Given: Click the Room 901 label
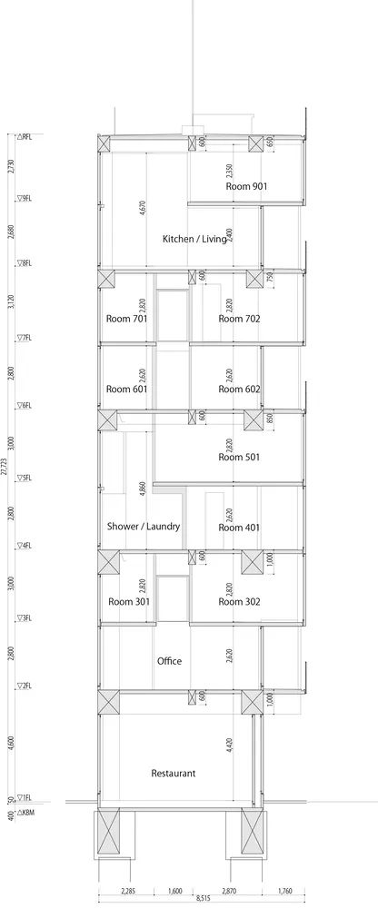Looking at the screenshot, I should pyautogui.click(x=246, y=185).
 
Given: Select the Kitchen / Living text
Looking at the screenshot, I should pyautogui.click(x=194, y=239).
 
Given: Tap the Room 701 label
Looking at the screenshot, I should pyautogui.click(x=126, y=319).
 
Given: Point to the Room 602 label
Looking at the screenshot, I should pyautogui.click(x=239, y=389).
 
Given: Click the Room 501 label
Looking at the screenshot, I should pyautogui.click(x=239, y=457).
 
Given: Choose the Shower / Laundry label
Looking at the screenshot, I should pyautogui.click(x=144, y=527).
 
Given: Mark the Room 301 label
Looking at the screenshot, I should pyautogui.click(x=127, y=601).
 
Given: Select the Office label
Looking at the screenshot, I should pyautogui.click(x=169, y=661).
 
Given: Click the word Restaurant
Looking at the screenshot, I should pyautogui.click(x=174, y=774).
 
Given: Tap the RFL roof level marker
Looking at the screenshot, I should pyautogui.click(x=24, y=136).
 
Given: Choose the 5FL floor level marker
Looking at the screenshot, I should pyautogui.click(x=24, y=477).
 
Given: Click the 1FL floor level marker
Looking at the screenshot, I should pyautogui.click(x=24, y=797).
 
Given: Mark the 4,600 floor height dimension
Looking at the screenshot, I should pyautogui.click(x=10, y=744).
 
